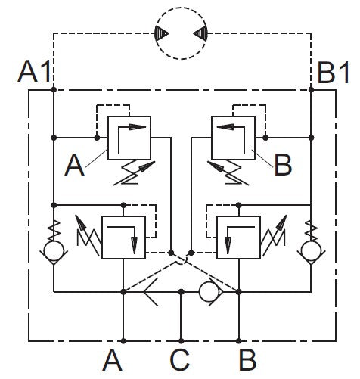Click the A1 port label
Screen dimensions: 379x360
point(35,73)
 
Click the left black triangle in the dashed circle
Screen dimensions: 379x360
point(162,33)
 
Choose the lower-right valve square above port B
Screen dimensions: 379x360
point(238,238)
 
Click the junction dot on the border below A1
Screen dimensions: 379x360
point(54,90)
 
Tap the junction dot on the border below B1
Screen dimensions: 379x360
point(310,90)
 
